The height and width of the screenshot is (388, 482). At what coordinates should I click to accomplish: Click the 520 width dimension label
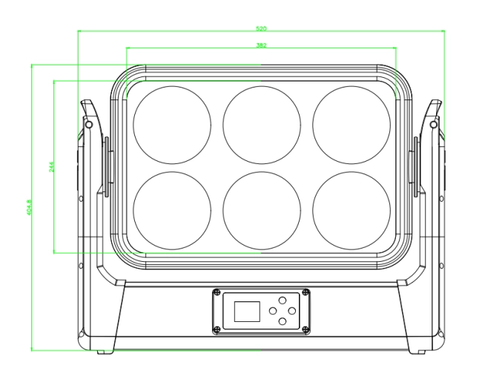coord(261,28)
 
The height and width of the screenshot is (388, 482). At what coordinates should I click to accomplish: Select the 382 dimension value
coord(261,45)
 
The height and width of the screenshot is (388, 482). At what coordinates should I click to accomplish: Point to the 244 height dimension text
coord(51,167)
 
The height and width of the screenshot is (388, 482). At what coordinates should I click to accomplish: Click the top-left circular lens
coord(171,123)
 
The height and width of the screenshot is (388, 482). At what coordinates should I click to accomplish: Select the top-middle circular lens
coord(262,123)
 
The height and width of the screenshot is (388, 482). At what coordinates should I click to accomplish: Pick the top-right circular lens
coord(351,123)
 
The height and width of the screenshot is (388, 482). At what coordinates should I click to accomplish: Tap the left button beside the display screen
coord(273,311)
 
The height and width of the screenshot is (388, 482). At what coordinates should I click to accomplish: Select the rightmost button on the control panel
coord(293,311)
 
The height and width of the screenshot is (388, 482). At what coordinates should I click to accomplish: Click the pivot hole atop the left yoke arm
coord(89,125)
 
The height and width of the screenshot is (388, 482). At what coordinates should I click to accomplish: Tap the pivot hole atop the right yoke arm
coord(434,125)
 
